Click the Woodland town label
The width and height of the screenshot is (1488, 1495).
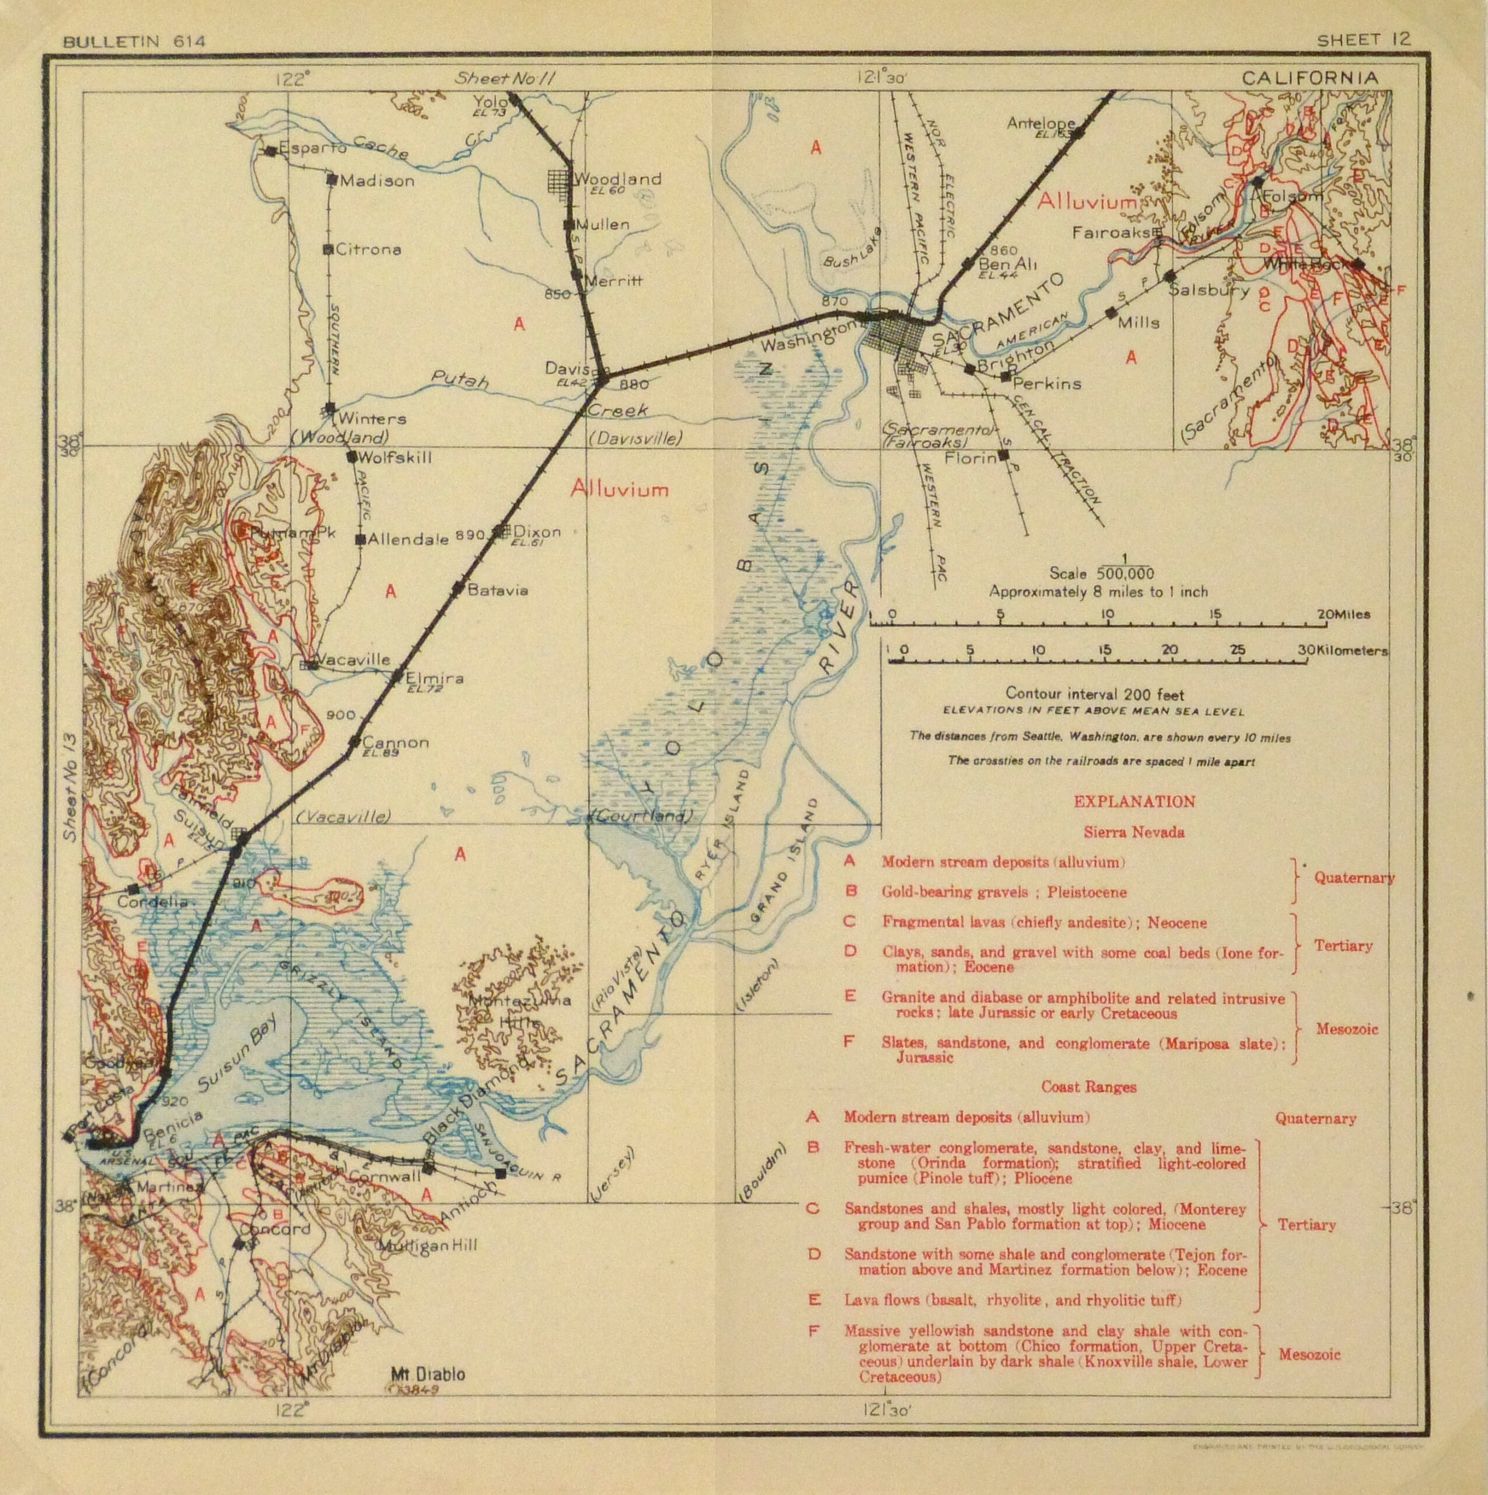(618, 179)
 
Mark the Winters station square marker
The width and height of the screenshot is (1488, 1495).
(330, 407)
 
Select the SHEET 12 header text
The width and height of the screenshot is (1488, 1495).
(1364, 40)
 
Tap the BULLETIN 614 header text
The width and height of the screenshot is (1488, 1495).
(134, 42)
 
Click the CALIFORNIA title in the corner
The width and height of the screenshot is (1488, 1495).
(1309, 78)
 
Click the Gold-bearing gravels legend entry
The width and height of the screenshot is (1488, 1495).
(1004, 892)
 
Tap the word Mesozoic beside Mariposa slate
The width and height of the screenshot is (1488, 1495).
(1346, 1029)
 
